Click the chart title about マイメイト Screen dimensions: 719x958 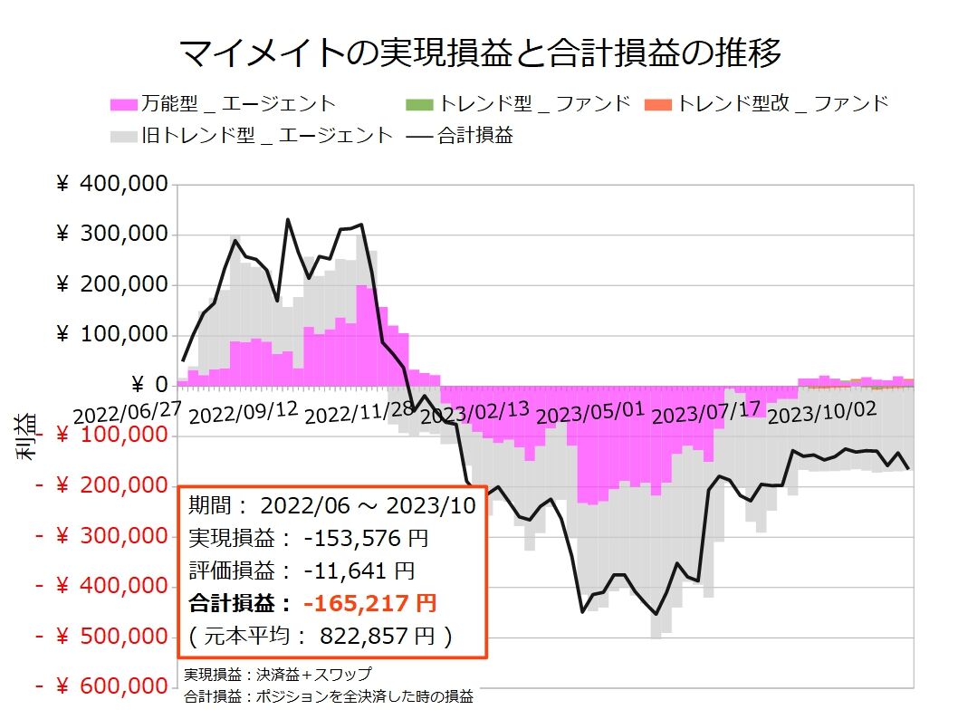click(x=479, y=54)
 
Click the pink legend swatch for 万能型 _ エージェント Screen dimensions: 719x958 click(x=124, y=103)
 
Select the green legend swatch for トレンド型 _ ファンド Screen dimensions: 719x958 click(x=421, y=103)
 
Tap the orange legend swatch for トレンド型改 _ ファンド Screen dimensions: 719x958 click(x=658, y=103)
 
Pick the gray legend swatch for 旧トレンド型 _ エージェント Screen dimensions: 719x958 click(x=124, y=136)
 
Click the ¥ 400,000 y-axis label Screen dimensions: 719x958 click(x=112, y=185)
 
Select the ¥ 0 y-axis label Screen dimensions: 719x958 click(x=148, y=386)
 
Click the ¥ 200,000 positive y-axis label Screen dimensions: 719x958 click(x=112, y=285)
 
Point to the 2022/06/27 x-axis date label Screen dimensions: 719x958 click(x=127, y=411)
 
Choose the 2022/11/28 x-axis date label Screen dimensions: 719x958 click(x=359, y=411)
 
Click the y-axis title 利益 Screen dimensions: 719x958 click(x=27, y=436)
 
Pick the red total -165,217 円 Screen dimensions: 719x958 click(x=369, y=603)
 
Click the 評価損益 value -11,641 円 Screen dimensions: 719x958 click(x=359, y=570)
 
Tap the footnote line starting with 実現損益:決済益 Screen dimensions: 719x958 click(x=277, y=675)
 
